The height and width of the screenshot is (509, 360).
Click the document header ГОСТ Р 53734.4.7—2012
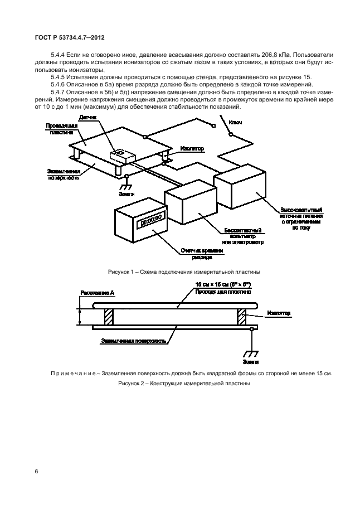tap(70, 38)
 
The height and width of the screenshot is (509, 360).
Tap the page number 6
tap(36, 471)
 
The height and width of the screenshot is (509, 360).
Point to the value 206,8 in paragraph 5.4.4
tap(270, 55)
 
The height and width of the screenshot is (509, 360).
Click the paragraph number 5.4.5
tap(58, 77)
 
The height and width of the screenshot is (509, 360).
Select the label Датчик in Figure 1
tap(87, 118)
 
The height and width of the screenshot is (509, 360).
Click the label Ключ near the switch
tap(235, 123)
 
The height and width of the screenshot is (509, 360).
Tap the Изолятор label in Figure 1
tap(192, 148)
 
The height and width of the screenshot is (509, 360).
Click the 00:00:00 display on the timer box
tap(151, 221)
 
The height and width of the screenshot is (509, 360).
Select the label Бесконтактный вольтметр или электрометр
tap(243, 236)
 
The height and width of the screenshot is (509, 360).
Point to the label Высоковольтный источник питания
tap(301, 219)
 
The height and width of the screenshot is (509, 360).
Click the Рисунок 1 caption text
tap(184, 272)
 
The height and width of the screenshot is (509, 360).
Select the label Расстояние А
tap(98, 293)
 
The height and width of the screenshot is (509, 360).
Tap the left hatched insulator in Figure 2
tap(109, 317)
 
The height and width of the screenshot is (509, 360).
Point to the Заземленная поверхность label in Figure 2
tap(134, 341)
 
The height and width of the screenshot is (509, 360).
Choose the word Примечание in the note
tap(73, 374)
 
